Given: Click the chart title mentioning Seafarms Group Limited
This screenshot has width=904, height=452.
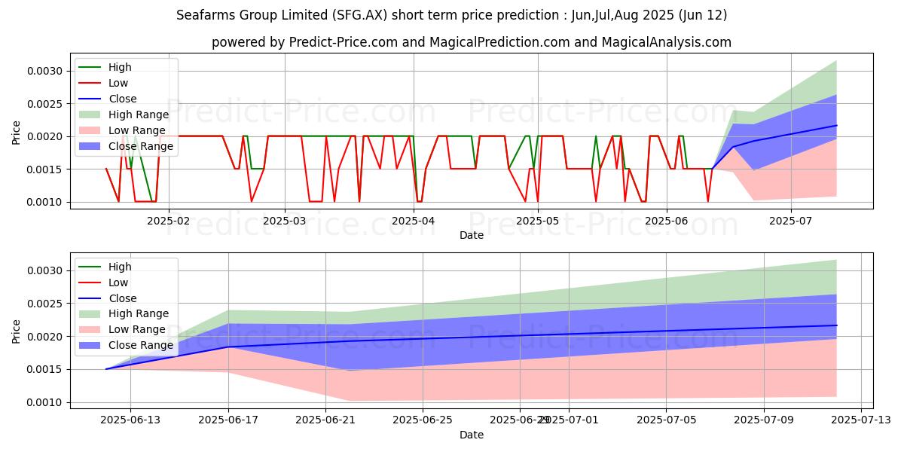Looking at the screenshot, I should (451, 15).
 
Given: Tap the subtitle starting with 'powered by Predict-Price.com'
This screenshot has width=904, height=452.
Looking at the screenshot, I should (471, 42).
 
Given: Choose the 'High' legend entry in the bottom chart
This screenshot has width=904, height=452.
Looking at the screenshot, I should (120, 267).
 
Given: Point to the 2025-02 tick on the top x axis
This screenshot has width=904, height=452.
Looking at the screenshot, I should (169, 221).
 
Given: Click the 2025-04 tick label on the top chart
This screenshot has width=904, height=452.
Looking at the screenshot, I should (414, 221).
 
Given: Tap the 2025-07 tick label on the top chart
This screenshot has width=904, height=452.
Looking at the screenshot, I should (791, 221).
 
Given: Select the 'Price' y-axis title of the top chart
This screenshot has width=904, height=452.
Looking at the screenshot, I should (17, 133).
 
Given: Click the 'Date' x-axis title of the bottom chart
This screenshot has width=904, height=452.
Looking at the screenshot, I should (472, 435).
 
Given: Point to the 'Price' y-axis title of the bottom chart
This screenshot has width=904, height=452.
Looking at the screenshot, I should (17, 331).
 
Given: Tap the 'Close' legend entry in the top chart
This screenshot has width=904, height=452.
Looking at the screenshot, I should (123, 99).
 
